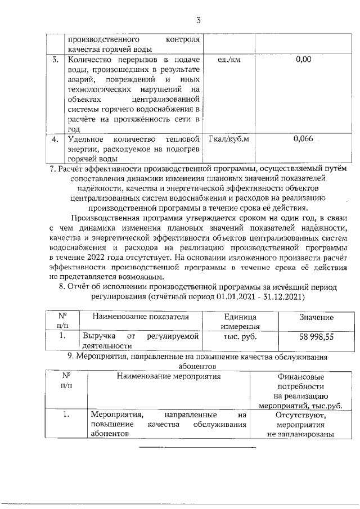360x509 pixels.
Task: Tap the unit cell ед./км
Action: point(228,60)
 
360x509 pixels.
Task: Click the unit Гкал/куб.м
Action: point(228,139)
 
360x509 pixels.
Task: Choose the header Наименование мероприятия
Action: point(169,375)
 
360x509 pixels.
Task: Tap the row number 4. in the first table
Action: point(55,139)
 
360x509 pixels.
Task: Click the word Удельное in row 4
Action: point(84,139)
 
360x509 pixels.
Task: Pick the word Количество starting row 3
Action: point(88,60)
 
